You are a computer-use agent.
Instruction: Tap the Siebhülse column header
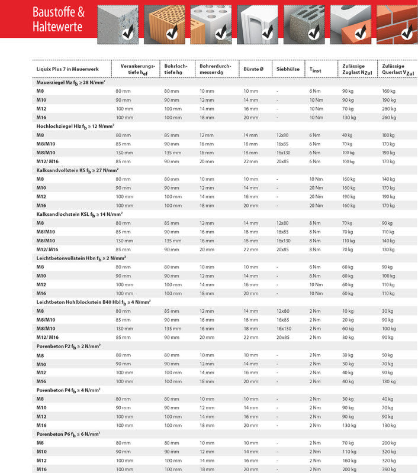tap(287, 69)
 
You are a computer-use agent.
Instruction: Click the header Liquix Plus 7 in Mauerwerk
tap(69, 69)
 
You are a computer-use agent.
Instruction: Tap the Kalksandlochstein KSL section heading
tap(79, 213)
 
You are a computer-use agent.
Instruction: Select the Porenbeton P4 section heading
tap(69, 390)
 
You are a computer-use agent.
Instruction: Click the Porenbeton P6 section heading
tap(69, 434)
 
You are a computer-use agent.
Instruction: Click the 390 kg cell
tap(389, 469)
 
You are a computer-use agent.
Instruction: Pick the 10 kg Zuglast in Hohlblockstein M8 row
tap(348, 311)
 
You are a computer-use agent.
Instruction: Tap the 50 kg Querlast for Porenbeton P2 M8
tap(388, 355)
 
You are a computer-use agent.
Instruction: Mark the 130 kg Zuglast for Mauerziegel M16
tap(349, 118)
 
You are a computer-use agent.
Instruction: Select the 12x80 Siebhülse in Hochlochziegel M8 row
tap(283, 135)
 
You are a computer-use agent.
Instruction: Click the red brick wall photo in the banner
tap(400, 23)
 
